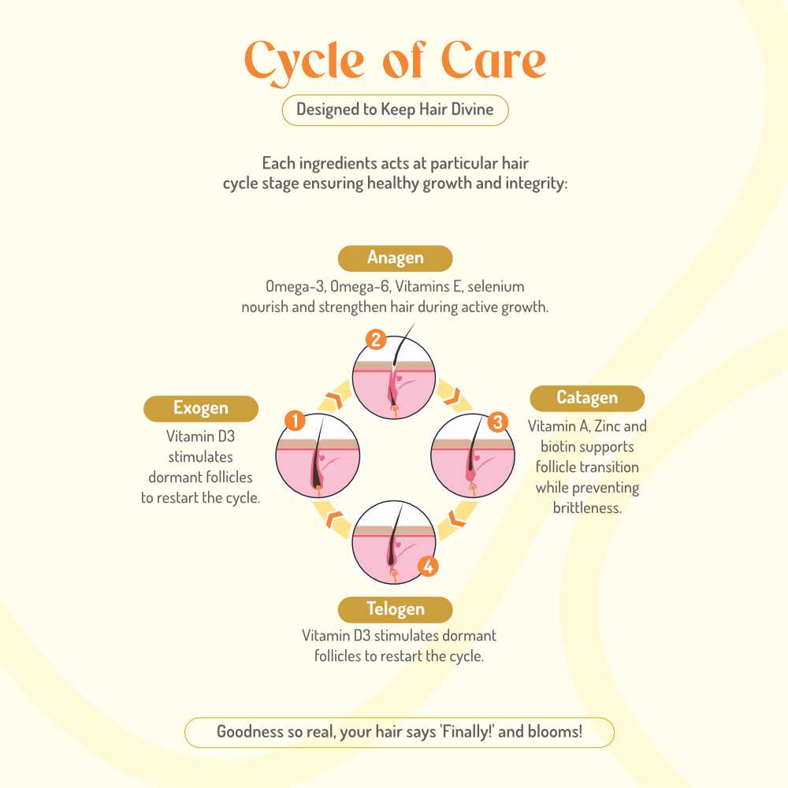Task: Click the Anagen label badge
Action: click(x=395, y=258)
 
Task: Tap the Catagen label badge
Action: click(x=587, y=398)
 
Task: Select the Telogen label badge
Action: click(x=395, y=609)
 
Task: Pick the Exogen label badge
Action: click(x=201, y=408)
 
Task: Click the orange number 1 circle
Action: click(x=295, y=421)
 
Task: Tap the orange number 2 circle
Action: click(x=376, y=340)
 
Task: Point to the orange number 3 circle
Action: click(x=496, y=422)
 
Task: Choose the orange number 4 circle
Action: click(x=427, y=566)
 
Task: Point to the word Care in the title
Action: click(x=492, y=61)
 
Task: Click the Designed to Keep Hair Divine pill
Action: click(x=395, y=110)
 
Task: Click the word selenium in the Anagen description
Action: click(x=496, y=286)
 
